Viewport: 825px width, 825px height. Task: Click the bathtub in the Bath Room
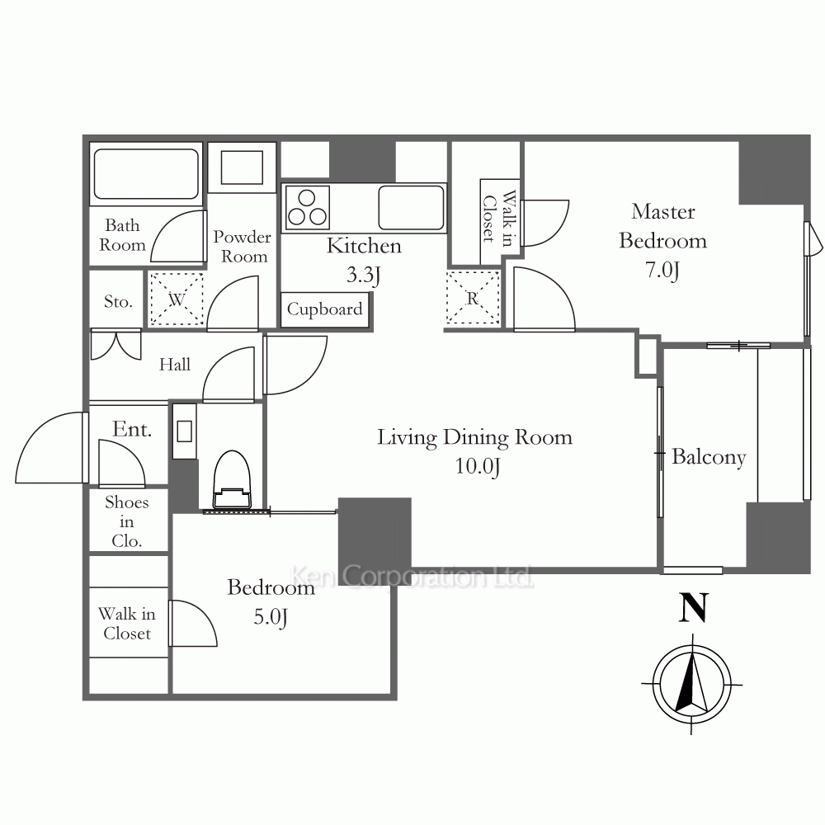146,173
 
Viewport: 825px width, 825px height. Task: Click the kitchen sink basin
411,207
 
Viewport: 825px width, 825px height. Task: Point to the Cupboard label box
324,310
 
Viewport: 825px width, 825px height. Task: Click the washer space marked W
177,299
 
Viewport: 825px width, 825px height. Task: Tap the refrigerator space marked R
473,298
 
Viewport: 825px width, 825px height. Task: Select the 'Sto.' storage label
117,301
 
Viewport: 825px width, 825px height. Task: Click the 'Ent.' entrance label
131,429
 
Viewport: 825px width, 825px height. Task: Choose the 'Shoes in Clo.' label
127,521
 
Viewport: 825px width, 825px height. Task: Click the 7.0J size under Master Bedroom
662,270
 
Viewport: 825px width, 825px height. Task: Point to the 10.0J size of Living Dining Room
477,466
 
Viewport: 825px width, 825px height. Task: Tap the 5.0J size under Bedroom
271,616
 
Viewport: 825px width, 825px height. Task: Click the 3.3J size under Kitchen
363,275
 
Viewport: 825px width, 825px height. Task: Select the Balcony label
709,457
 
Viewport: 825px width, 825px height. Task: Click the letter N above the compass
694,607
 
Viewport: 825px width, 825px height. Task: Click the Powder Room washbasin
242,167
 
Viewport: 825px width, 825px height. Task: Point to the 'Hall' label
175,364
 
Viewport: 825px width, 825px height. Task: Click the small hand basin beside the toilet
184,431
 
